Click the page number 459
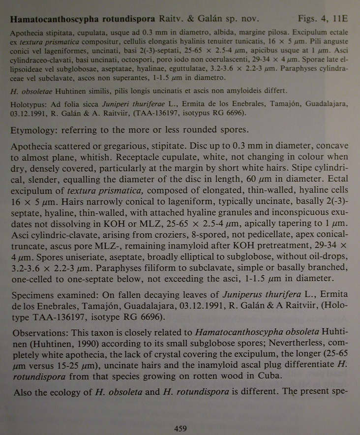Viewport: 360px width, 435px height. [180, 429]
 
